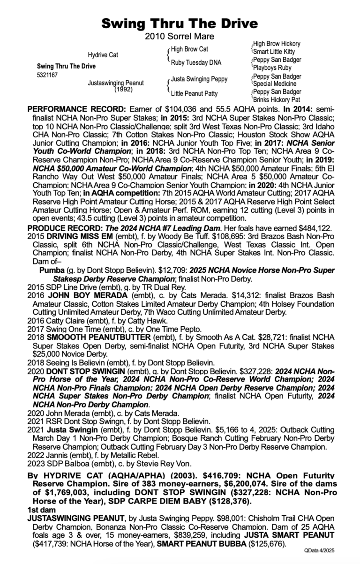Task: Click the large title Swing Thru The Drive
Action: pyautogui.click(x=180, y=23)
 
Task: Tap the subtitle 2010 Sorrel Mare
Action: pyautogui.click(x=180, y=36)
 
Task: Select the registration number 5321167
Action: pyautogui.click(x=47, y=75)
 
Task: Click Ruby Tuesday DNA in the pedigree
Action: pyautogui.click(x=196, y=62)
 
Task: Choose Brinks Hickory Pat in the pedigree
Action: pyautogui.click(x=277, y=100)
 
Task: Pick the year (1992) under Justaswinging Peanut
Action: pyautogui.click(x=123, y=89)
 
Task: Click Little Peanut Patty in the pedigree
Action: pyautogui.click(x=195, y=93)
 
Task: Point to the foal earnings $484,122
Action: pyautogui.click(x=315, y=228)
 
